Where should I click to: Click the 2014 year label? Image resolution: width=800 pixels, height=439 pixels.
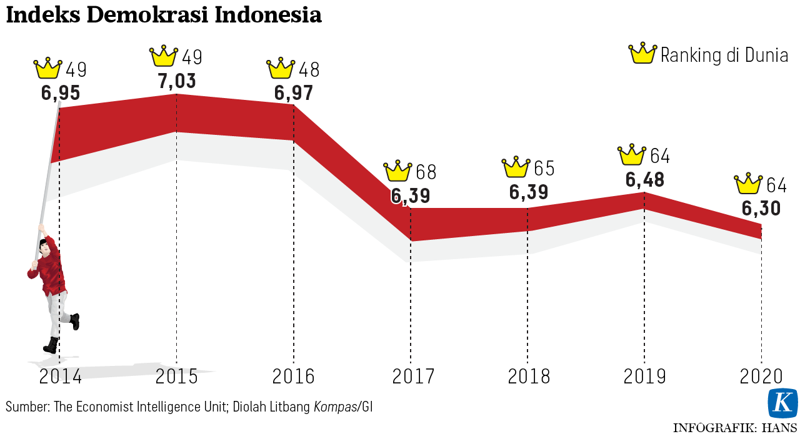click(60, 377)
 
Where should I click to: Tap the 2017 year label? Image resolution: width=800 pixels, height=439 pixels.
click(413, 377)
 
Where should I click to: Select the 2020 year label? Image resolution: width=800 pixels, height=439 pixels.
click(761, 377)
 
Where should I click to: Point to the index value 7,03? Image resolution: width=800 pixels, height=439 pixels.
click(177, 81)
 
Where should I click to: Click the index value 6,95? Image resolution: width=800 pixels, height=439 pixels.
click(61, 93)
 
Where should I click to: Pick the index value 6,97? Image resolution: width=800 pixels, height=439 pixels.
click(294, 93)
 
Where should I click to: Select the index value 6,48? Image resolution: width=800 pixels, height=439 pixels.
click(645, 180)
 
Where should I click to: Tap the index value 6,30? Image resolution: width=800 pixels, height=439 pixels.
click(761, 208)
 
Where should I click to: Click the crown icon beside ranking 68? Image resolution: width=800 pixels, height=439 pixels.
click(397, 171)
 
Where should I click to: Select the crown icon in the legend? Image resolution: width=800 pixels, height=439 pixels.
click(642, 54)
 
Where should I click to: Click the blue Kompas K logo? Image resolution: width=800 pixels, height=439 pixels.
click(782, 403)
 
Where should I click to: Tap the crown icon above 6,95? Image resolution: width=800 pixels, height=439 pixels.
click(48, 68)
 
